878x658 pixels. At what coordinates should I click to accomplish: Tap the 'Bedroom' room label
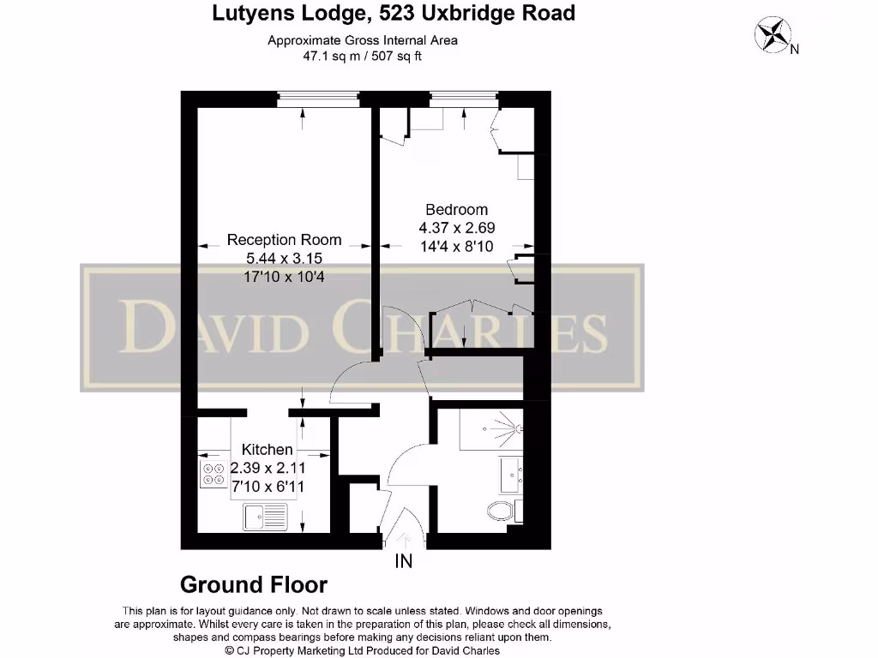coord(456,210)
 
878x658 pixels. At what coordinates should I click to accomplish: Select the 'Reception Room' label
coord(284,241)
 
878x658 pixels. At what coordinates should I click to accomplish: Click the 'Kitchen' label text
coord(267,450)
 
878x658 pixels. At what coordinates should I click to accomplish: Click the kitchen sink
coord(265,517)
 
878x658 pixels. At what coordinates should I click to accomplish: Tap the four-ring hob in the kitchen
coord(212,474)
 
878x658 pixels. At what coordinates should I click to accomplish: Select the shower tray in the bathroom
coord(490,429)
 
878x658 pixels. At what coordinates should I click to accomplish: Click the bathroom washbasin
coord(511,474)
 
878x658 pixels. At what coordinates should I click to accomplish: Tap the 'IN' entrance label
coord(403,562)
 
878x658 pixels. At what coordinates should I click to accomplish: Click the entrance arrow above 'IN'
coord(404,540)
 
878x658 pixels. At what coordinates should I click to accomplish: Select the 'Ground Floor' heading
coord(253,585)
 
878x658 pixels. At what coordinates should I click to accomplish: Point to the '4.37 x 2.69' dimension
coord(456,228)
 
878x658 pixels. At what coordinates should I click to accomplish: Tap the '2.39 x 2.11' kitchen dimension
coord(268,468)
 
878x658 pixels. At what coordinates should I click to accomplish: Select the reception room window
coord(318,99)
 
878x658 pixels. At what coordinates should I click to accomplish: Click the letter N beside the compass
coord(795,49)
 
